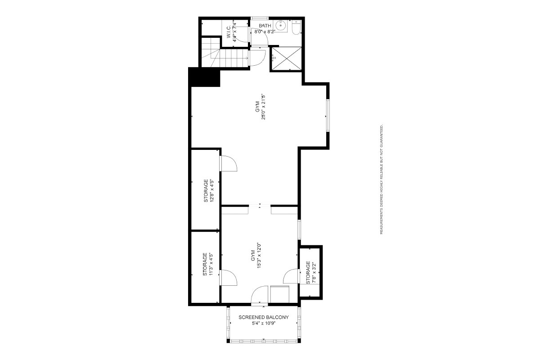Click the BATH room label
pos(265,26)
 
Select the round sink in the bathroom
pos(281,26)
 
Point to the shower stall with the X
pos(286,58)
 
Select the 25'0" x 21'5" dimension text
pos(264,107)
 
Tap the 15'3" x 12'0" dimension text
pos(259,255)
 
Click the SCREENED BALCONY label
pos(264,317)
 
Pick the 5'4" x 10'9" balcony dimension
pos(264,324)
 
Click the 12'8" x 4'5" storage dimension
pos(211,190)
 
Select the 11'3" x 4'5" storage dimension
pos(211,264)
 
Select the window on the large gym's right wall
pos(328,115)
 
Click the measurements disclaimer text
pos(382,179)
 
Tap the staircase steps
pos(225,58)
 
